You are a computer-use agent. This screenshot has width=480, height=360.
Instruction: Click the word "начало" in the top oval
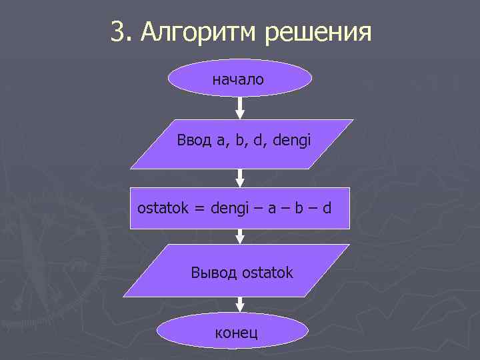[238, 80]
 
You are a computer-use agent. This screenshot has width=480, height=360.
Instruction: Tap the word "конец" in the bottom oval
[236, 333]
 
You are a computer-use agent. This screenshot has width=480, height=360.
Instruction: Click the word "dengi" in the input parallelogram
[292, 141]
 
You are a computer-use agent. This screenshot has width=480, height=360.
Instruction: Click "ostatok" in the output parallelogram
[268, 273]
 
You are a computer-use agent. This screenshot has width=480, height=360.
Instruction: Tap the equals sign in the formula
[199, 208]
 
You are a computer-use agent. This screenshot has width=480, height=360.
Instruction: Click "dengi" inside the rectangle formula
[229, 208]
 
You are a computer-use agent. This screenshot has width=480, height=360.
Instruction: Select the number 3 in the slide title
[117, 31]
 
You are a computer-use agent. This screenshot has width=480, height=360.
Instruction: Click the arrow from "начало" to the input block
[240, 107]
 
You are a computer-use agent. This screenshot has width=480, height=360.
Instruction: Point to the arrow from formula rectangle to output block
[240, 236]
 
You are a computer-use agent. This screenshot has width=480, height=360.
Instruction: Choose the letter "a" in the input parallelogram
[221, 141]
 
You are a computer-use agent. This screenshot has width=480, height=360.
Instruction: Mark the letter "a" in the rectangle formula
[272, 208]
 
